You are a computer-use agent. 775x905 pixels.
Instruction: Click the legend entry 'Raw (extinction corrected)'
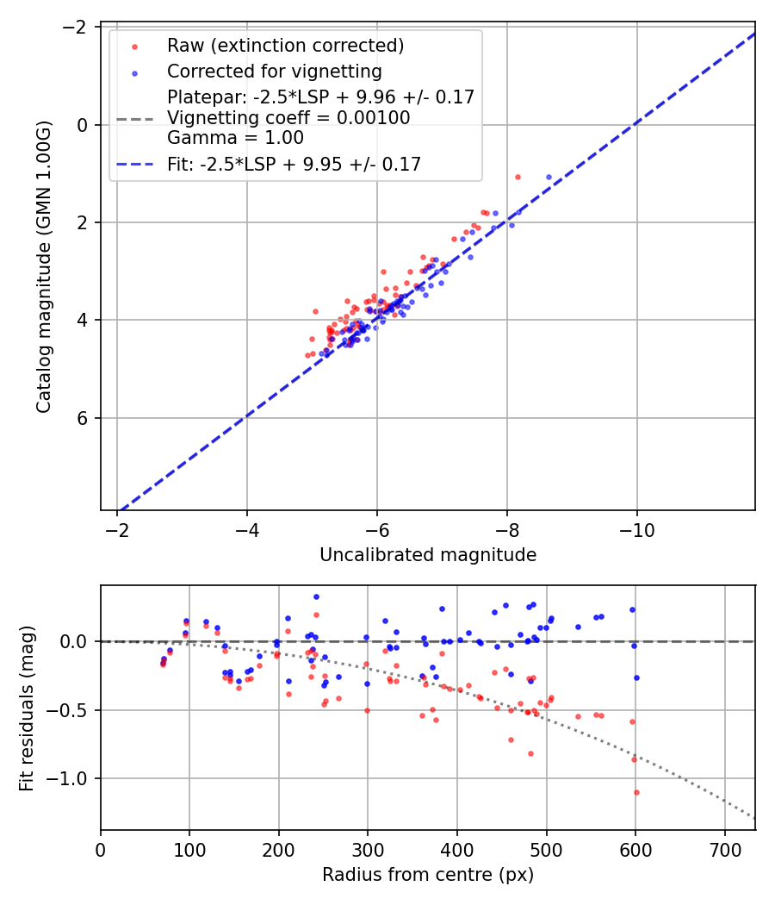[285, 46]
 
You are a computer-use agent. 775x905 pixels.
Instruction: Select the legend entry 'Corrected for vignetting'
[274, 71]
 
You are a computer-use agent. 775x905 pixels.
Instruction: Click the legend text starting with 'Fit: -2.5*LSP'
[294, 164]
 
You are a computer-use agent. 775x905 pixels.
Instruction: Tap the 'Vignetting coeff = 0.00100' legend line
[288, 117]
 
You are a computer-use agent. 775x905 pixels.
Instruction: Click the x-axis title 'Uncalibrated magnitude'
[428, 555]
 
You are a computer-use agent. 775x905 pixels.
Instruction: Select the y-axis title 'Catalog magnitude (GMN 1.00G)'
[44, 267]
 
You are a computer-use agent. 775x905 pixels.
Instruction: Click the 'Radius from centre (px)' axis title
[428, 875]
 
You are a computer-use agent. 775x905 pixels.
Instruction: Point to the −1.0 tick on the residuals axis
[76, 778]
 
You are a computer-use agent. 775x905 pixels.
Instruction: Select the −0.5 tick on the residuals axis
[76, 710]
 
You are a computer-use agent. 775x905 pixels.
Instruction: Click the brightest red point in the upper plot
[518, 177]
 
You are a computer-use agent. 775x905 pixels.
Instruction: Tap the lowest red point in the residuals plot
[636, 792]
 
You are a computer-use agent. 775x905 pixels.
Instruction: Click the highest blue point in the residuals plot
[316, 596]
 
